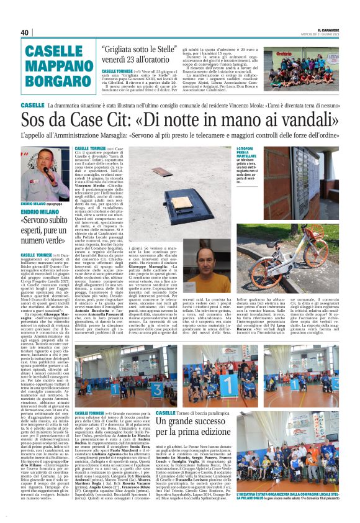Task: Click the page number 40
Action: click(25, 33)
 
